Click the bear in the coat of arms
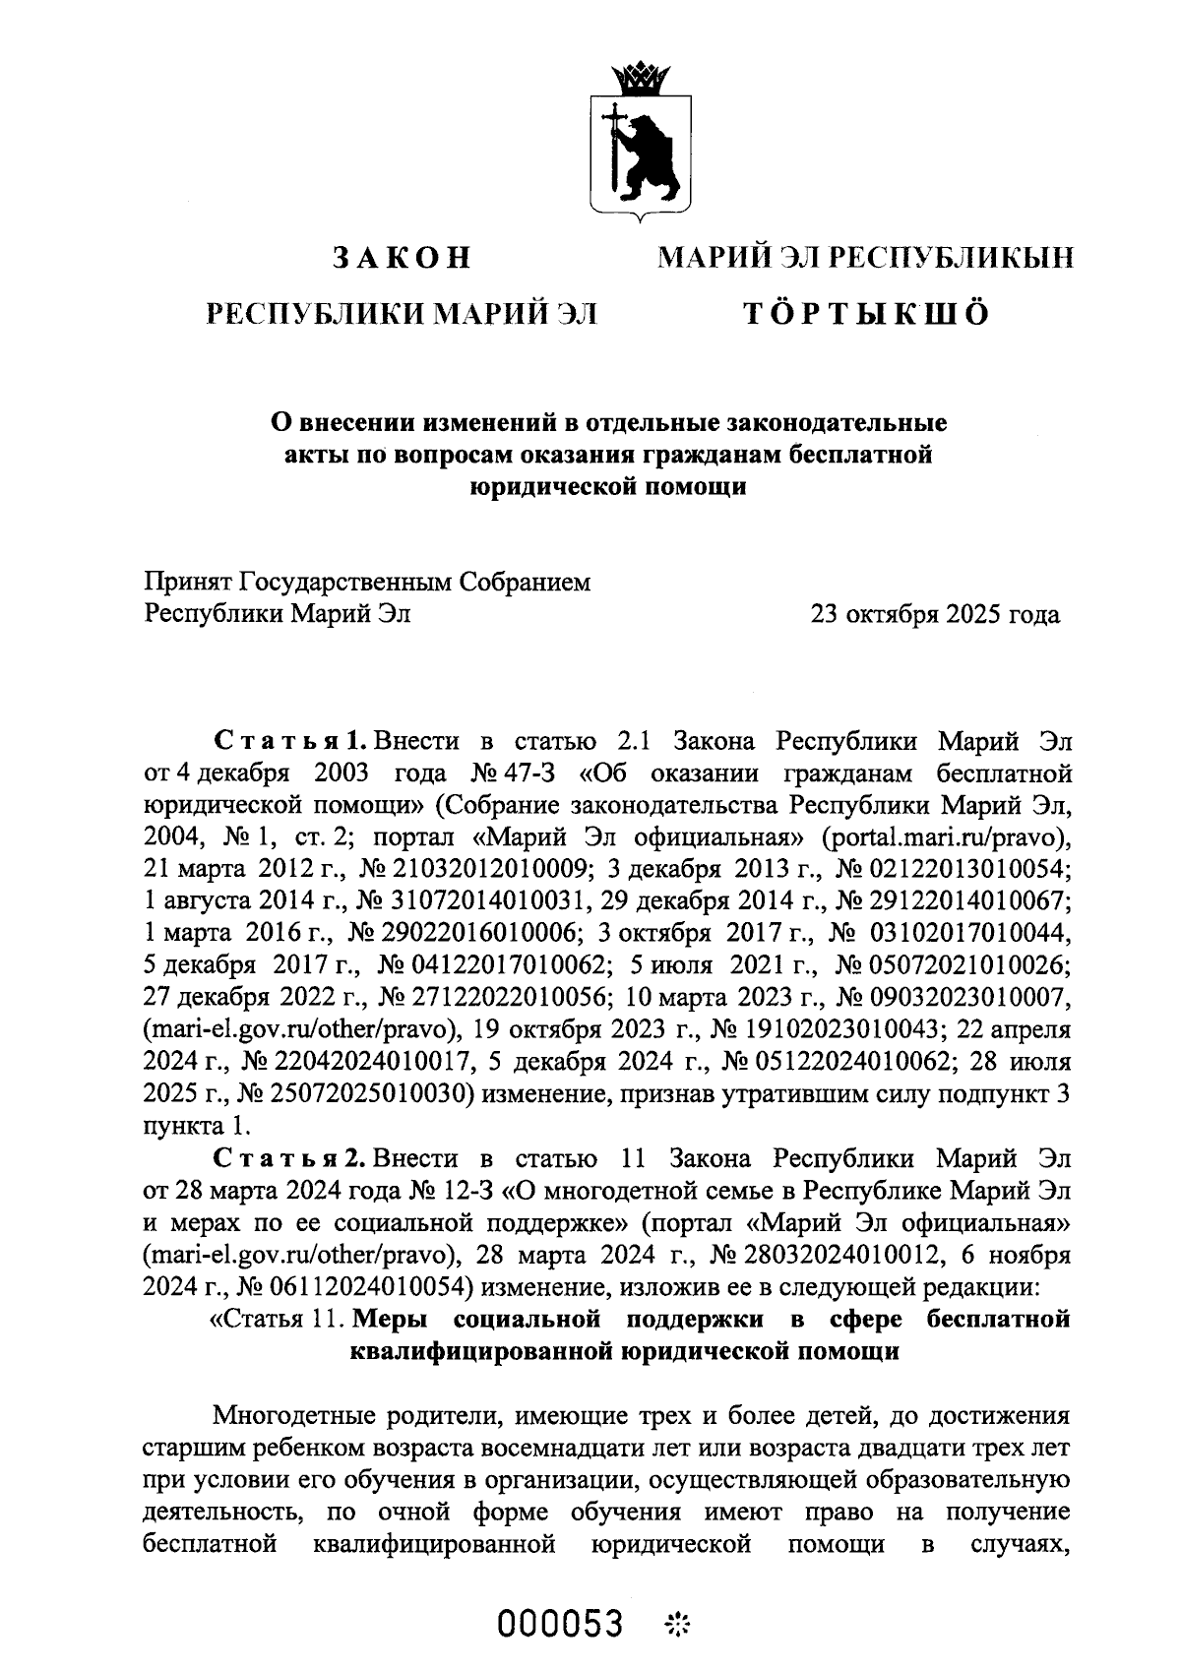pyautogui.click(x=649, y=154)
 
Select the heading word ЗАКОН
pyautogui.click(x=401, y=258)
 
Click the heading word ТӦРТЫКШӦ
pyautogui.click(x=865, y=313)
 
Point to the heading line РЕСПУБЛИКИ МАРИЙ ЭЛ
pyautogui.click(x=401, y=313)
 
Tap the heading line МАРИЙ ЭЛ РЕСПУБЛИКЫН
pyautogui.click(x=865, y=258)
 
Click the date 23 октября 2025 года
pyautogui.click(x=934, y=615)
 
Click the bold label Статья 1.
pyautogui.click(x=291, y=740)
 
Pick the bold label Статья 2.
pyautogui.click(x=291, y=1155)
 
